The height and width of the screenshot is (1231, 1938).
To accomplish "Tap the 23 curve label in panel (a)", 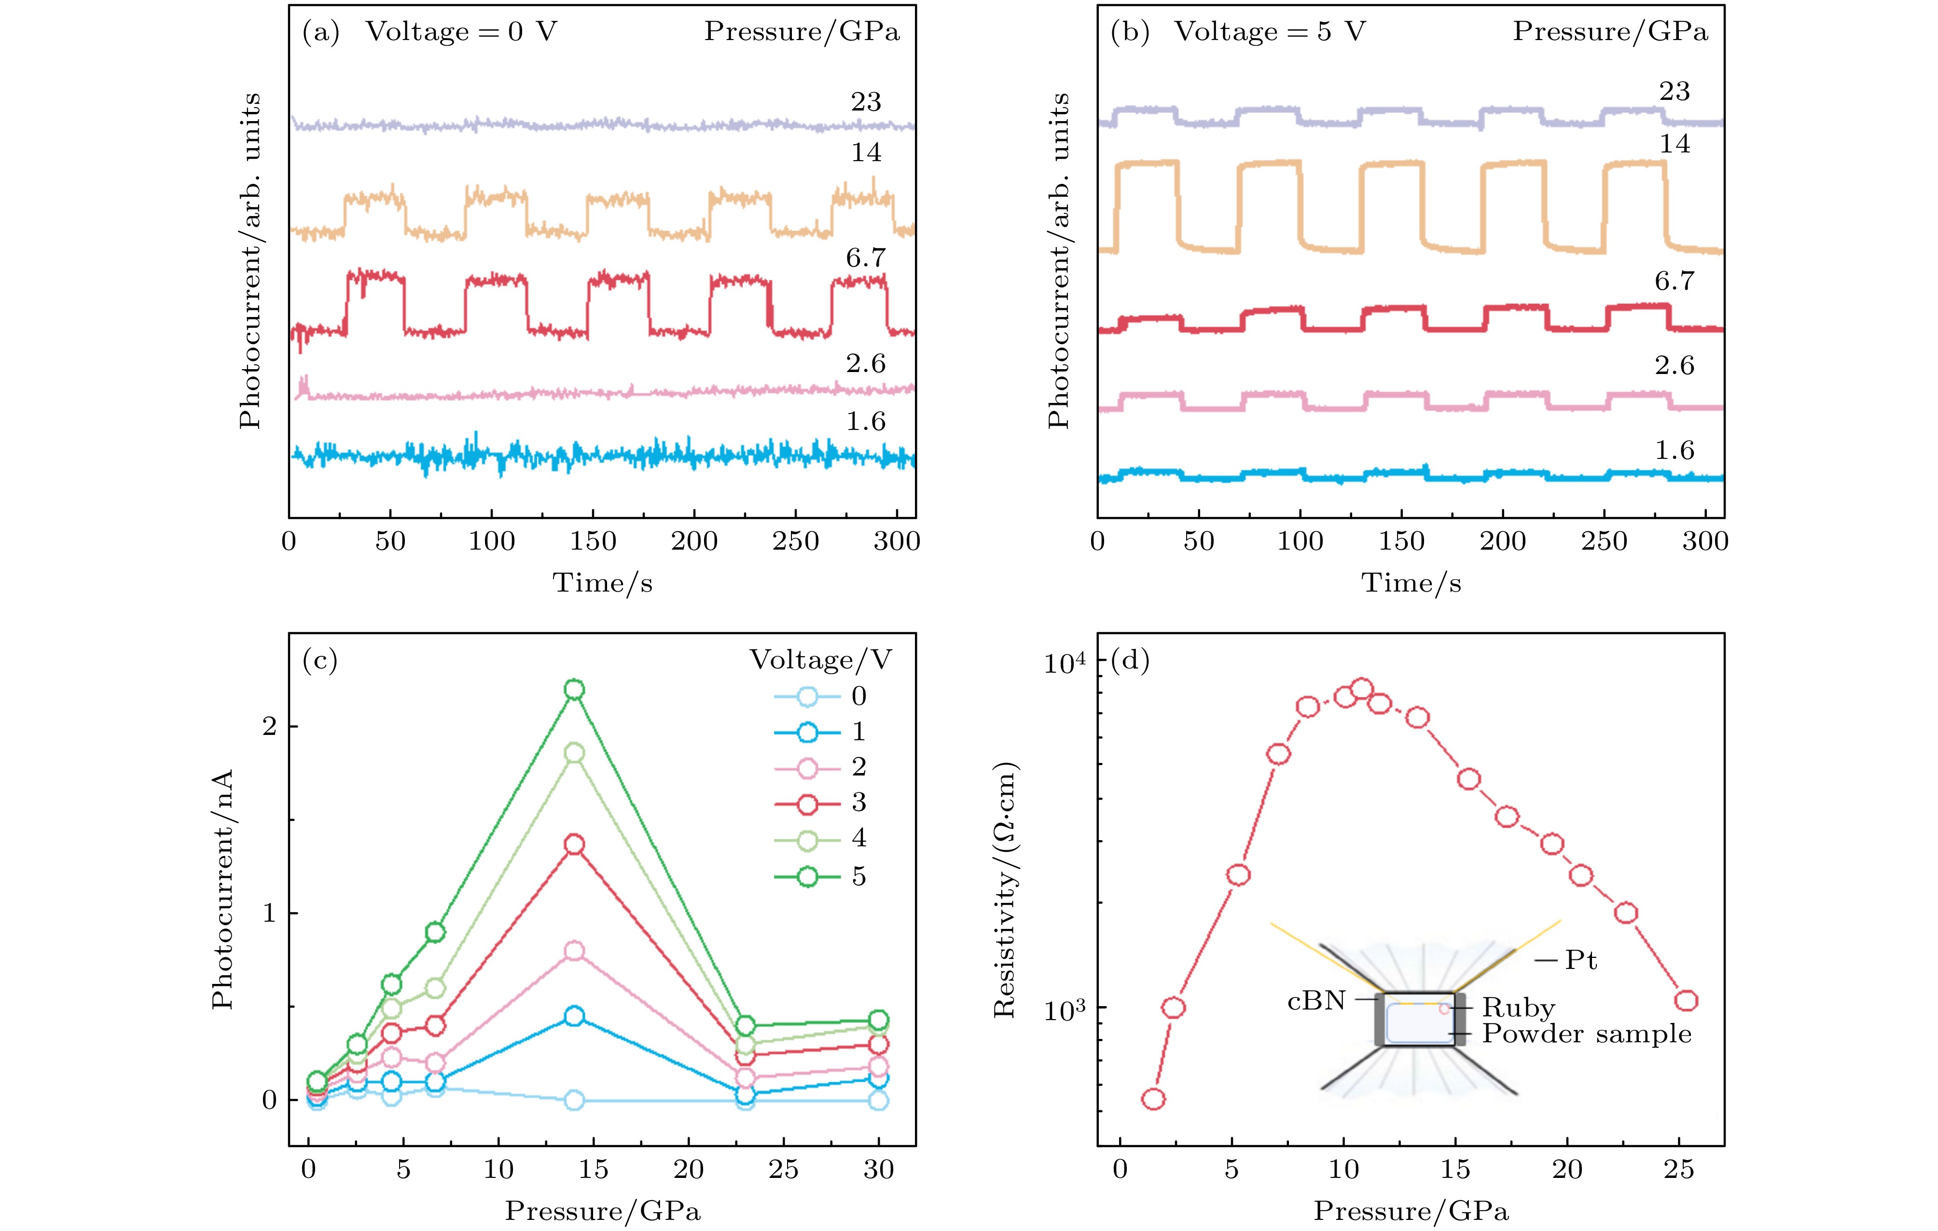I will point(866,102).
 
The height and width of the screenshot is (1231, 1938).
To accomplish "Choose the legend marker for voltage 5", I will point(807,876).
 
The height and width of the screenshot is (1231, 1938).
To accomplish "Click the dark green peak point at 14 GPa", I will point(574,690).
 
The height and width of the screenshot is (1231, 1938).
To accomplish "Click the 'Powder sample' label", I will point(1586,1034).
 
